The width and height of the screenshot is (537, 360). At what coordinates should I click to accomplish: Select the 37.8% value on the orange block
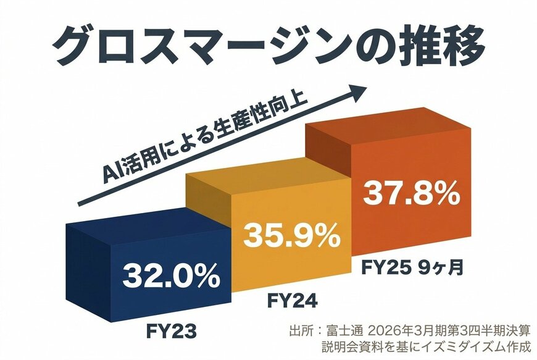pyautogui.click(x=410, y=194)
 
